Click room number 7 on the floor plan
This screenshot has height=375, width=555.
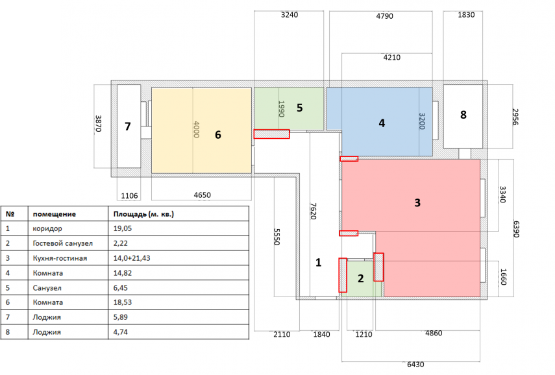coord(128,127)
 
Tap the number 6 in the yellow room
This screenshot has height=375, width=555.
coord(218,135)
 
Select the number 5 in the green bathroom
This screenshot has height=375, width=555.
coord(299,108)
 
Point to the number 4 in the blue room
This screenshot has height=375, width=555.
coord(382,123)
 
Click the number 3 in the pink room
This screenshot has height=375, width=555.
coord(417,202)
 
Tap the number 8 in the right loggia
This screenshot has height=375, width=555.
coord(463,115)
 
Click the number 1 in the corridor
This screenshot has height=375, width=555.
coord(318,263)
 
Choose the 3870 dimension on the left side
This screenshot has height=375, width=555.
coord(99,124)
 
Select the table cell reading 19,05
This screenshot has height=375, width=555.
coord(124,228)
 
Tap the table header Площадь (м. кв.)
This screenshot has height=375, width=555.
coord(144,213)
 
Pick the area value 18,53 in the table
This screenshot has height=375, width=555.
coord(124,302)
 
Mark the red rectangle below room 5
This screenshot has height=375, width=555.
coord(271,134)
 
